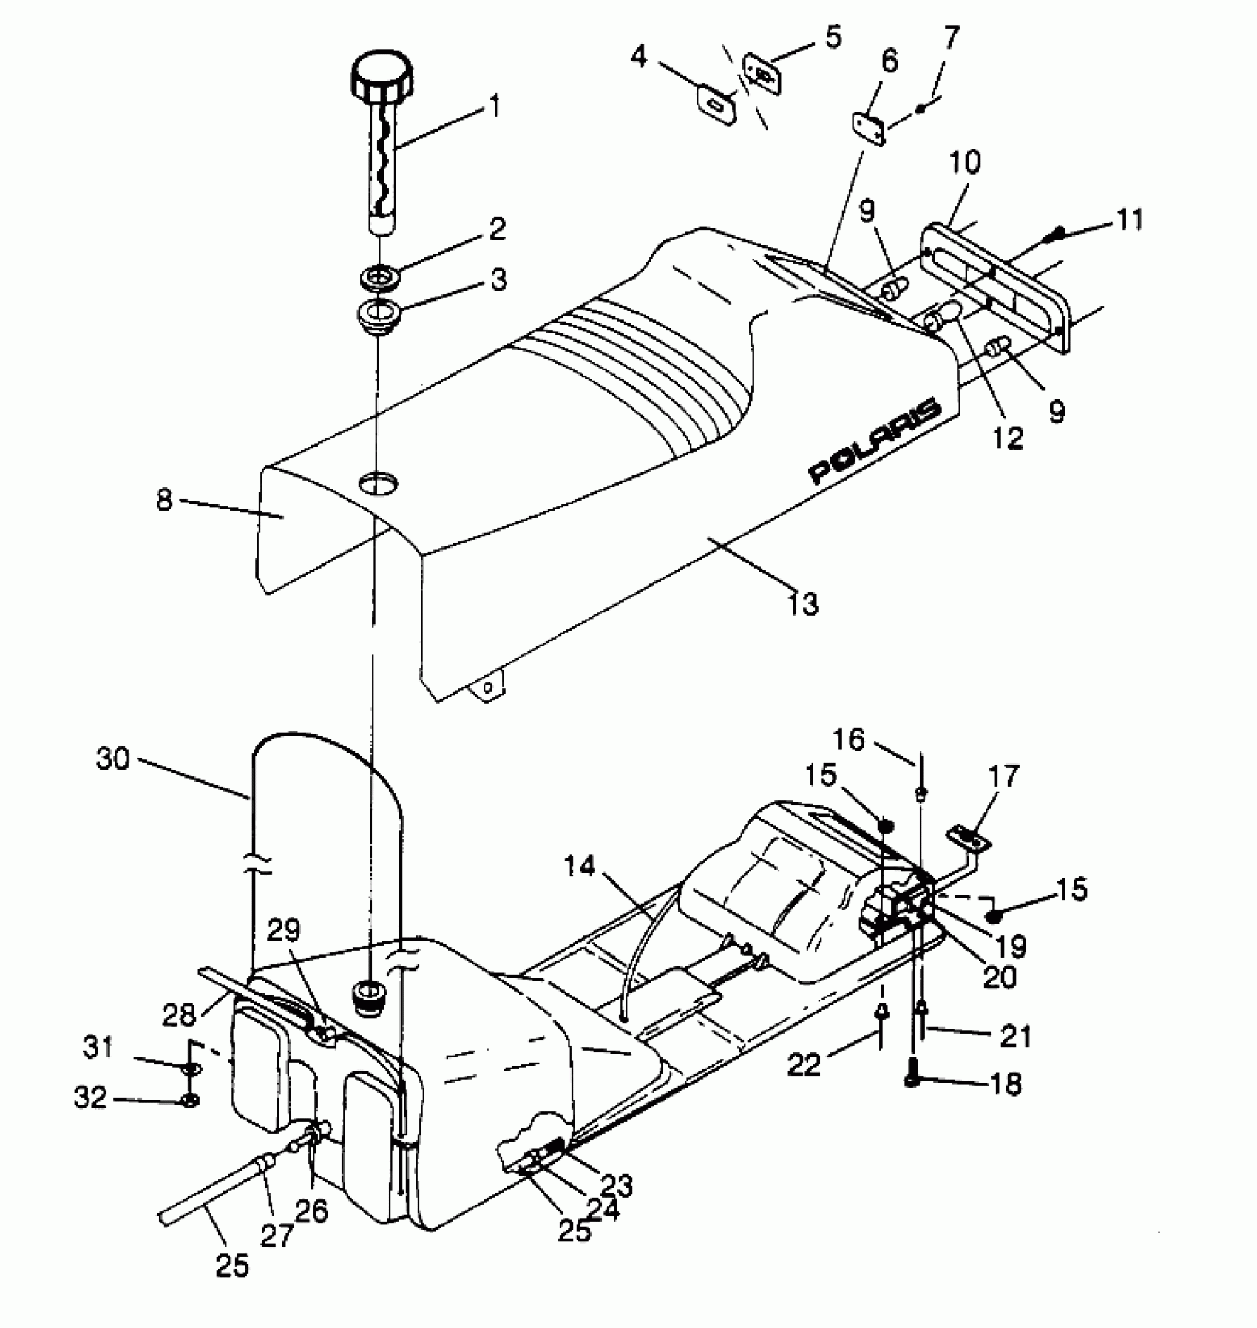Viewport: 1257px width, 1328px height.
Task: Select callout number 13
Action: pyautogui.click(x=803, y=603)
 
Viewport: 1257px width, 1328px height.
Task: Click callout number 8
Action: pyautogui.click(x=164, y=501)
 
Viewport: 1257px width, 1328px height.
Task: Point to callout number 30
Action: pyautogui.click(x=112, y=759)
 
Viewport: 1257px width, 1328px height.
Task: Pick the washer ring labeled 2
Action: pyautogui.click(x=381, y=280)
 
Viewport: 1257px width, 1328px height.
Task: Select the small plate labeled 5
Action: pyautogui.click(x=762, y=72)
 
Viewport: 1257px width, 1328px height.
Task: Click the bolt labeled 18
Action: pyautogui.click(x=912, y=1083)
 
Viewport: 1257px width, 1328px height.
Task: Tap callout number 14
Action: pyautogui.click(x=580, y=867)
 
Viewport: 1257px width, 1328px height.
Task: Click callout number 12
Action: pyautogui.click(x=1009, y=438)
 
